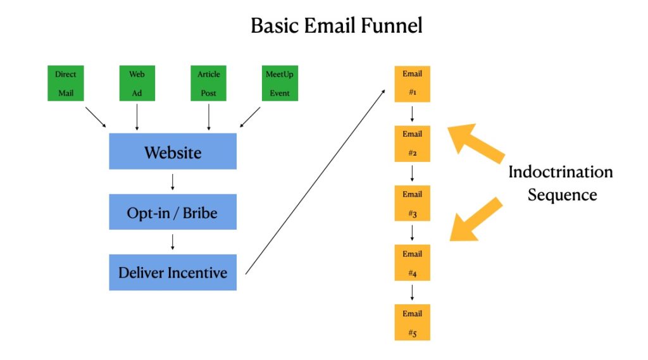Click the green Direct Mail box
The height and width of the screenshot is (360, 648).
(66, 83)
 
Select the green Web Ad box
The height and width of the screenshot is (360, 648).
(137, 83)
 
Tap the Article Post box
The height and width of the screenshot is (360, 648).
(208, 83)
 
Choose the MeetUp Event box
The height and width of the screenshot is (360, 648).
(280, 83)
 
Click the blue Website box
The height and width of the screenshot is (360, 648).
(173, 151)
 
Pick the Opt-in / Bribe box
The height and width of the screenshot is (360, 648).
(173, 211)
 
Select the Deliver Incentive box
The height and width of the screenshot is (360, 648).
(173, 273)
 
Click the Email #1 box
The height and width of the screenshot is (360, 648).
(413, 84)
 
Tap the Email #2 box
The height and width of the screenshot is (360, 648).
(413, 144)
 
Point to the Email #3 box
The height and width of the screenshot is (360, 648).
(413, 203)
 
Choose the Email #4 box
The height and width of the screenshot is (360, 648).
(413, 263)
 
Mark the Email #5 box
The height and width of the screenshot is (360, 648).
(413, 323)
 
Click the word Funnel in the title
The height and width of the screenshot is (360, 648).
(391, 26)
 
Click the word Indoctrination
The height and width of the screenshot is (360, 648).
(561, 172)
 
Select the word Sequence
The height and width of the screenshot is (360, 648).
(562, 195)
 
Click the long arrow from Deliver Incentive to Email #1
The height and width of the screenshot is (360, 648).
(315, 182)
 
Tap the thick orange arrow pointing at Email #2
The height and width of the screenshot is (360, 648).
(475, 142)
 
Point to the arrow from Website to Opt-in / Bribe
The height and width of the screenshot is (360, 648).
(173, 182)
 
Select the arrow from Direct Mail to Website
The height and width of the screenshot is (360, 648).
(96, 117)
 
